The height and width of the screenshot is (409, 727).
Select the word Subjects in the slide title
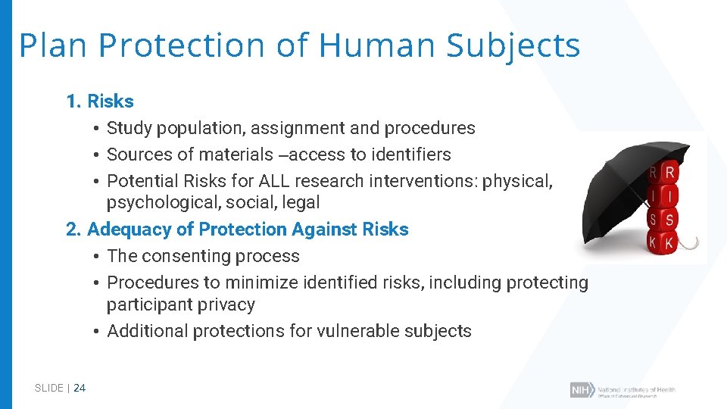click(x=513, y=45)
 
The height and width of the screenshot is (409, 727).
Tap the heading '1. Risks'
click(x=100, y=101)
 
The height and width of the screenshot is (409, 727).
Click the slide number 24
click(x=80, y=388)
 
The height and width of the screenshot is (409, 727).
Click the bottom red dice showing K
click(x=669, y=243)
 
